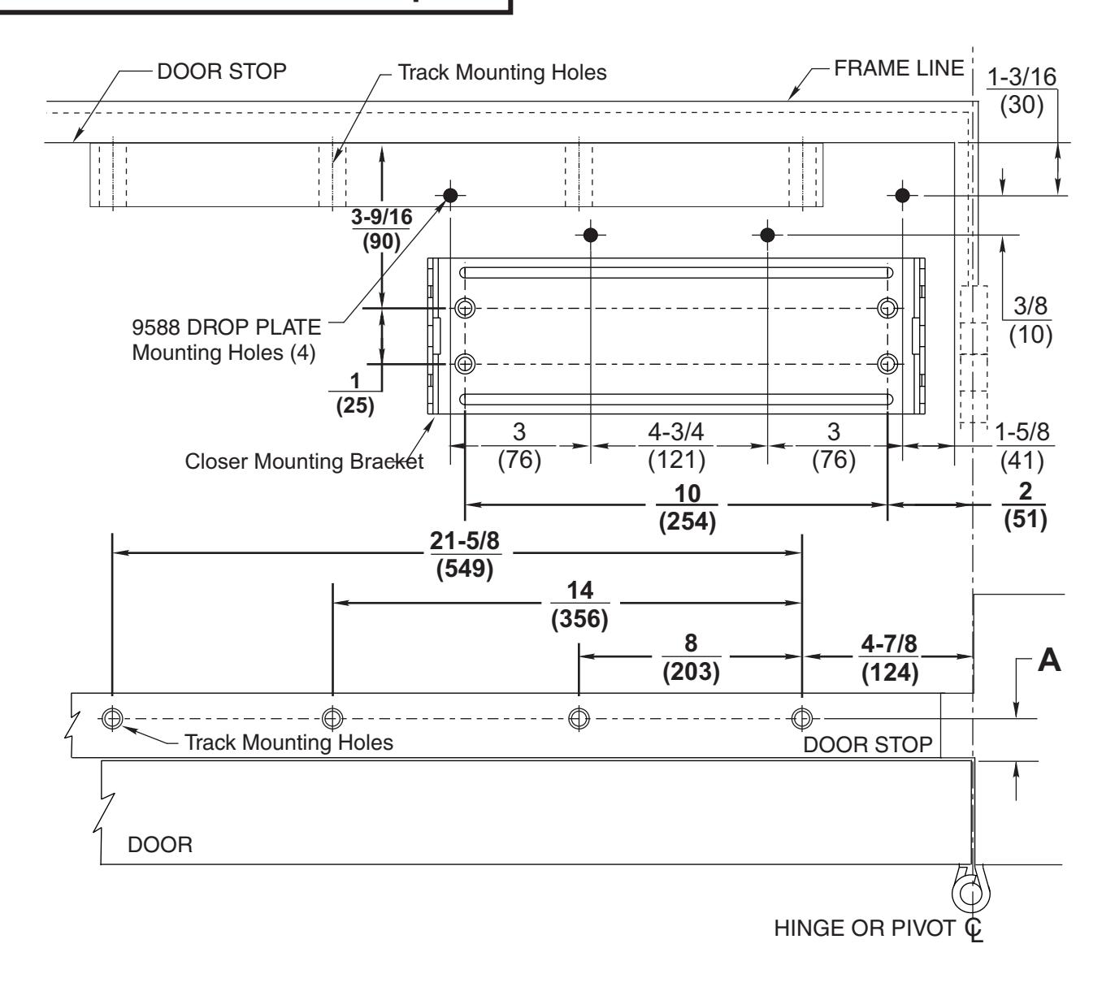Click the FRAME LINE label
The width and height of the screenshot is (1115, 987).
click(x=898, y=68)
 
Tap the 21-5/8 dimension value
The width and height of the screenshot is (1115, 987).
click(x=465, y=541)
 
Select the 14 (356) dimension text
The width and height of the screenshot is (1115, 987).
click(x=579, y=604)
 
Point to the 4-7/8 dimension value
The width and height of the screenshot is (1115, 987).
click(x=889, y=643)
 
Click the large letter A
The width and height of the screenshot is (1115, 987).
click(x=1049, y=660)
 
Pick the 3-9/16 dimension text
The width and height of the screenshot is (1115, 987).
click(x=382, y=217)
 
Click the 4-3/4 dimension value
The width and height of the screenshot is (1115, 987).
click(x=676, y=432)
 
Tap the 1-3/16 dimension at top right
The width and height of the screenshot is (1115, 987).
click(x=1022, y=77)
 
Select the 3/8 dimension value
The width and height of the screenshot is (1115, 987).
click(x=1030, y=306)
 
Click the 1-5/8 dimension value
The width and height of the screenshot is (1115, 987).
click(x=1022, y=432)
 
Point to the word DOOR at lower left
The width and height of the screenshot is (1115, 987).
click(x=160, y=845)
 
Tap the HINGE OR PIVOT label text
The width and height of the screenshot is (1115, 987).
click(x=864, y=929)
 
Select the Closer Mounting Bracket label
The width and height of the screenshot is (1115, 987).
click(x=304, y=461)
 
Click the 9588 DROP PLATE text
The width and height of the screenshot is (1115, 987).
click(x=226, y=327)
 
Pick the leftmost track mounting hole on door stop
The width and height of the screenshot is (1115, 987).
click(x=112, y=718)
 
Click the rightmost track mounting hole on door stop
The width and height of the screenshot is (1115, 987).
click(x=802, y=718)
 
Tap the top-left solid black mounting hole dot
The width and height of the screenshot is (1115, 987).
click(x=450, y=195)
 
